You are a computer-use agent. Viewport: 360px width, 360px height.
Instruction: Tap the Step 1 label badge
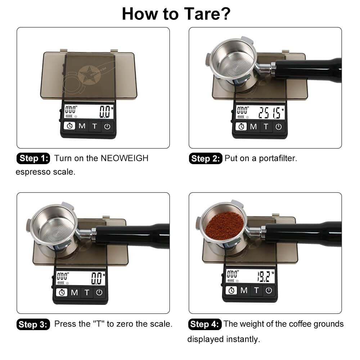34,158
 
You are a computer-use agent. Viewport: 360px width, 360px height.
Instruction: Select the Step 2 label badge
206,159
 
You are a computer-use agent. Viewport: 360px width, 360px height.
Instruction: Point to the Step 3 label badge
33,324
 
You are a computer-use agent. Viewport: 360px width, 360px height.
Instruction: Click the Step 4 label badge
204,324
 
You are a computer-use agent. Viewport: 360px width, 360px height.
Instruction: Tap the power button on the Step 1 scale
107,126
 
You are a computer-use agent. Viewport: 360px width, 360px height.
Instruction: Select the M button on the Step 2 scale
253,126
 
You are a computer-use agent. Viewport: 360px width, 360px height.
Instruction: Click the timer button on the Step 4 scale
231,290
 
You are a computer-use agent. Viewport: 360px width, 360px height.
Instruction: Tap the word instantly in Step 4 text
243,339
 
